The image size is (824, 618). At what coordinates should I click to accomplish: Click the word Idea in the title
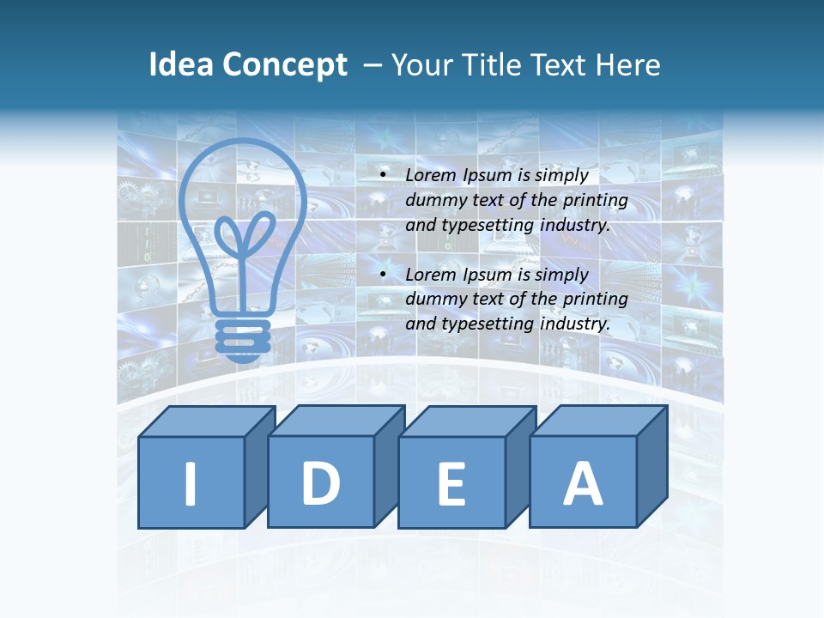pos(179,65)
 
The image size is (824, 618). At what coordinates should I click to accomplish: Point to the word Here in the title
pos(630,65)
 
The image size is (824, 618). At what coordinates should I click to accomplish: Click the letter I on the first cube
pos(191,484)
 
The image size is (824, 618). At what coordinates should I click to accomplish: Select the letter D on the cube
pos(321,482)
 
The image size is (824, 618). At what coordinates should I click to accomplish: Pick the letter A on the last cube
pos(582,483)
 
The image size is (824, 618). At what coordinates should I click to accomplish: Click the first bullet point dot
pos(383,176)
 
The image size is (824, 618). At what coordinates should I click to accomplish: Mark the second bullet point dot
pos(383,276)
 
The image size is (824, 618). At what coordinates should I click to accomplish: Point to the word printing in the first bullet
pos(597,201)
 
